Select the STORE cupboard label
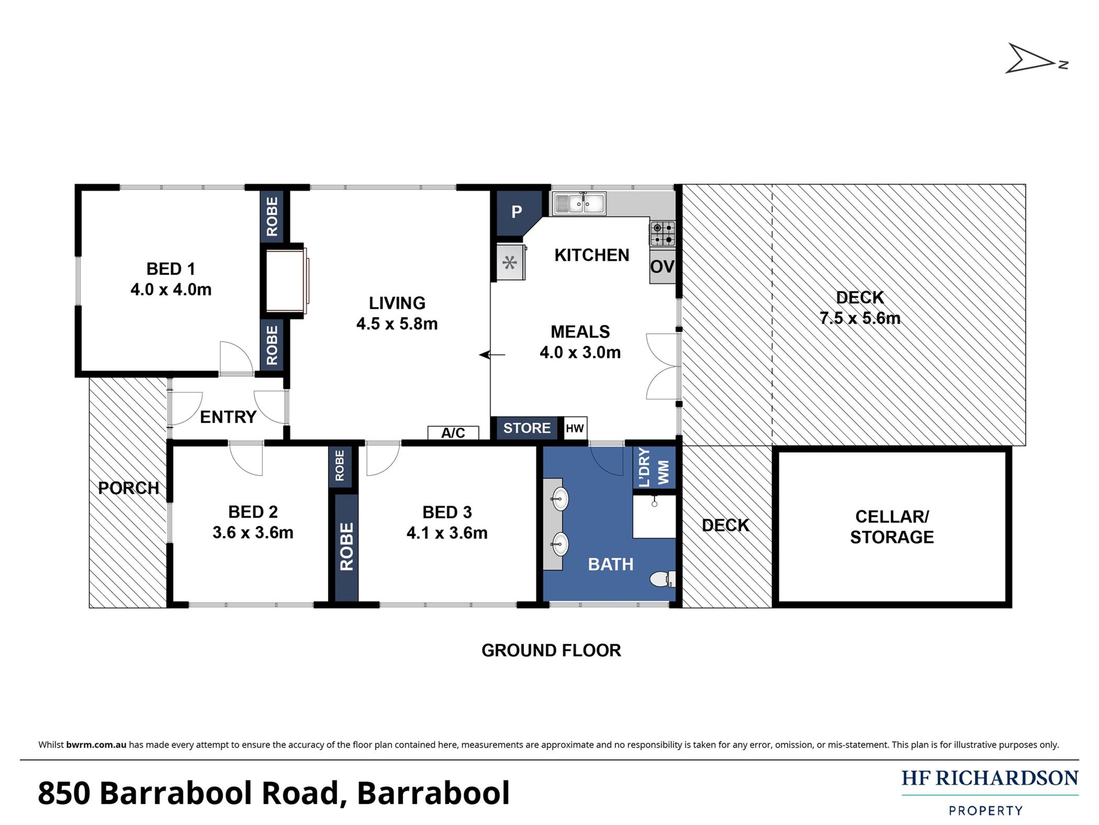527,428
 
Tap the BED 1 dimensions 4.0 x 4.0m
171,289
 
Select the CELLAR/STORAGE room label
892,527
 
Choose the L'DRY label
644,468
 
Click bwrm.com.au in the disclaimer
96,745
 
